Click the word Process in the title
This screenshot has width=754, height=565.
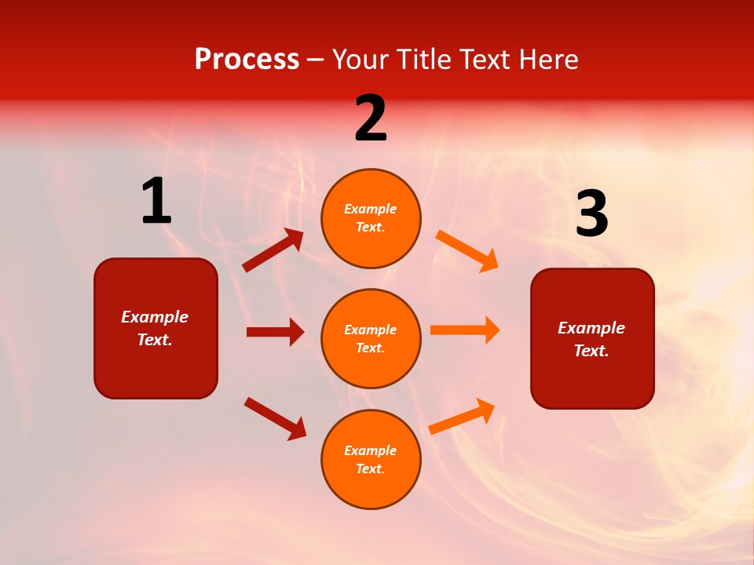click(x=247, y=60)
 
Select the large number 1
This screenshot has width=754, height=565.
click(x=156, y=202)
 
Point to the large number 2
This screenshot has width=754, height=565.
click(x=371, y=118)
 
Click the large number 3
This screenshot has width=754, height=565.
click(x=591, y=214)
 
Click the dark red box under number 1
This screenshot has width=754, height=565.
click(x=156, y=328)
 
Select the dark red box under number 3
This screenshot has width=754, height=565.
click(x=592, y=338)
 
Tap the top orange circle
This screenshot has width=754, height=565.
click(x=371, y=218)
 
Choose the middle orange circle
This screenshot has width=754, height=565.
click(x=371, y=338)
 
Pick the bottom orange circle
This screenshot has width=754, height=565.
click(x=371, y=459)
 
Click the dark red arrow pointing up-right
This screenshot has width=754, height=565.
click(x=273, y=250)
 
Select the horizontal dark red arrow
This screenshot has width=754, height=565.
click(x=275, y=332)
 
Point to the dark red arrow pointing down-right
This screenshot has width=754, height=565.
click(x=275, y=418)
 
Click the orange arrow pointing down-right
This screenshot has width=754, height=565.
click(x=467, y=250)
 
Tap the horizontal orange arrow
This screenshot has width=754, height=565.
click(x=465, y=330)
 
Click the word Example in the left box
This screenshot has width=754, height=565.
click(x=155, y=317)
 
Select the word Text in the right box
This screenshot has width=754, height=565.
click(x=591, y=351)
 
